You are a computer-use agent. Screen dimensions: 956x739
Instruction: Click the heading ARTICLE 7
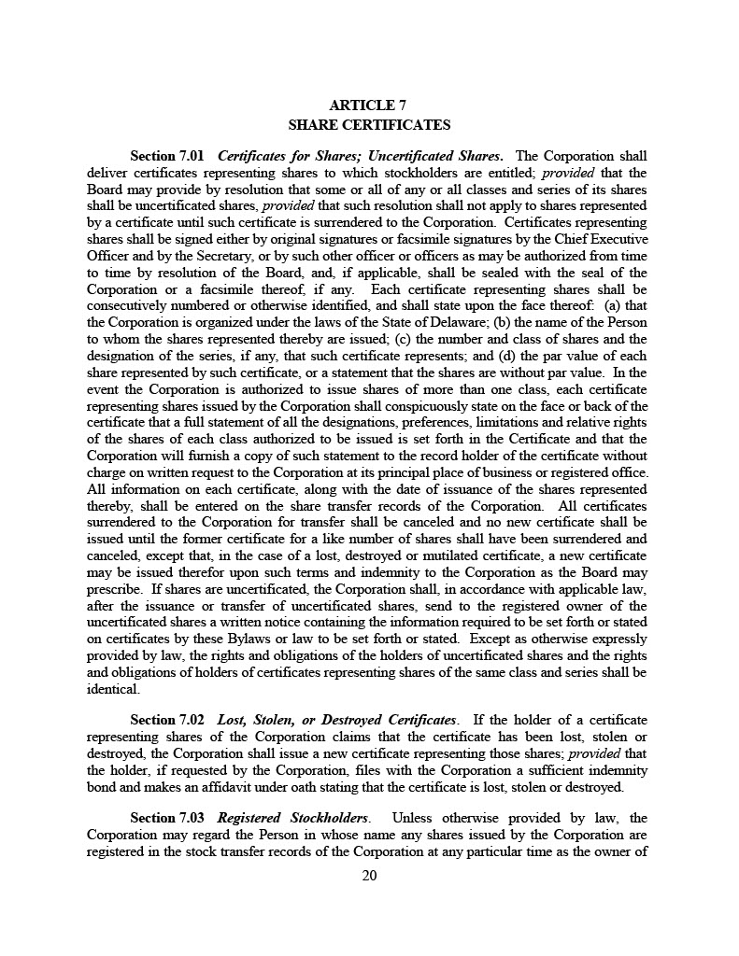[x=369, y=105]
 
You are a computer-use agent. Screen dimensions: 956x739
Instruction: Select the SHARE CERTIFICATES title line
[x=369, y=125]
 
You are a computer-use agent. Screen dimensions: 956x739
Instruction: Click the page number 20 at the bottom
[x=369, y=876]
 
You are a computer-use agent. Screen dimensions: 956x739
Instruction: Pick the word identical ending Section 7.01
[x=113, y=690]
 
